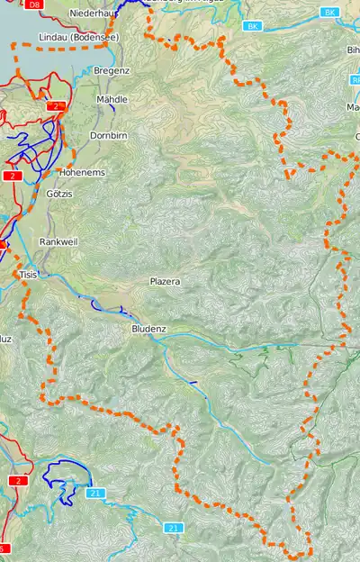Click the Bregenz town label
click(112, 70)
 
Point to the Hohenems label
click(82, 171)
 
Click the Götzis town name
click(59, 194)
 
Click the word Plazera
click(165, 282)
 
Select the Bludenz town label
click(148, 330)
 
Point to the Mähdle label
click(111, 99)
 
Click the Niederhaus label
click(95, 14)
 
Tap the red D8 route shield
click(33, 5)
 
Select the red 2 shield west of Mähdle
click(57, 106)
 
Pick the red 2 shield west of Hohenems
click(12, 176)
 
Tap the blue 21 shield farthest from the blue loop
click(174, 527)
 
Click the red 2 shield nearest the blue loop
click(18, 481)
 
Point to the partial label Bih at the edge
click(353, 50)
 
